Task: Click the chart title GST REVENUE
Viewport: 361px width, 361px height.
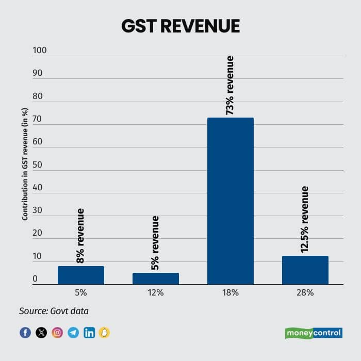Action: click(x=180, y=26)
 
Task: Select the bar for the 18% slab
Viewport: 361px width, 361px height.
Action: click(x=230, y=201)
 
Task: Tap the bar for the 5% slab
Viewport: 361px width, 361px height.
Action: click(x=81, y=275)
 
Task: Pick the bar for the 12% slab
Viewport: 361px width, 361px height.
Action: click(x=156, y=278)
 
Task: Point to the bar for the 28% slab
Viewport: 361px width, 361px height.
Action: click(x=305, y=270)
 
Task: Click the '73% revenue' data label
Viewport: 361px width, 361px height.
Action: click(x=230, y=85)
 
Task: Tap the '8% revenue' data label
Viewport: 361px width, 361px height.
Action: click(x=80, y=236)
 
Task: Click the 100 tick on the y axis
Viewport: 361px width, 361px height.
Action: click(x=40, y=51)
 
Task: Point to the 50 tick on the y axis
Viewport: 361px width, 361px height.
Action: click(x=37, y=165)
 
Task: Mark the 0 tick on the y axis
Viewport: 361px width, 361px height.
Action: click(x=35, y=279)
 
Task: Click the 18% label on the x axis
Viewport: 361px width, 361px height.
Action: click(x=230, y=292)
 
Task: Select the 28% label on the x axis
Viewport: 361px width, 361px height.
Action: click(x=305, y=292)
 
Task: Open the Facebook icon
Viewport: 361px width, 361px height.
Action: click(x=25, y=333)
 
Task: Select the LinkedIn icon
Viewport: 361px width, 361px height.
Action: click(x=89, y=333)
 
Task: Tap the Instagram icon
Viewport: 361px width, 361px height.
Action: click(x=57, y=333)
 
